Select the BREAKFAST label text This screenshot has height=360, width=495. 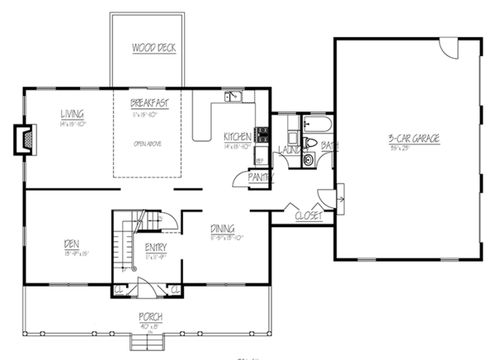(149, 103)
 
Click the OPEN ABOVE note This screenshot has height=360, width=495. (145, 142)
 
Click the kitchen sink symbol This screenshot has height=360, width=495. (233, 97)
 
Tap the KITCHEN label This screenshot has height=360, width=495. (238, 135)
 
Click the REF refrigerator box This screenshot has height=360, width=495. (259, 159)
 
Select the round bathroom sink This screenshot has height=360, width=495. (308, 160)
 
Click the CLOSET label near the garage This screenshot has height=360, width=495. (309, 216)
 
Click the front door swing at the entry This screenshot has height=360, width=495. (145, 288)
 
